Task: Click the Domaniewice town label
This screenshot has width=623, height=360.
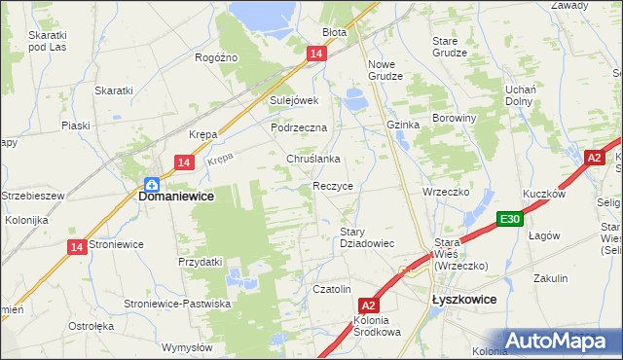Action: [x=176, y=196]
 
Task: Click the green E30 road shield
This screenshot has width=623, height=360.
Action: [x=509, y=219]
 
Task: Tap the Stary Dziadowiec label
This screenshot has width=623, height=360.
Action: [x=366, y=237]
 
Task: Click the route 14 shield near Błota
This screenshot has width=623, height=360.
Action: [x=314, y=55]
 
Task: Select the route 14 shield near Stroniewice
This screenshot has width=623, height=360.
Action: [x=76, y=247]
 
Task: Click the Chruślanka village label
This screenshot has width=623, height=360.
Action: [x=311, y=159]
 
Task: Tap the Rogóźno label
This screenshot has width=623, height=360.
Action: [x=216, y=57]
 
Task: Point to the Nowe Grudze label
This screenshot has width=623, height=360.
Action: [x=381, y=70]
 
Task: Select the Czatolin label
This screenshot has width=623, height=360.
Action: [x=331, y=289]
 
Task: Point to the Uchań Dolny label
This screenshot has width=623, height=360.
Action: [x=523, y=96]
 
